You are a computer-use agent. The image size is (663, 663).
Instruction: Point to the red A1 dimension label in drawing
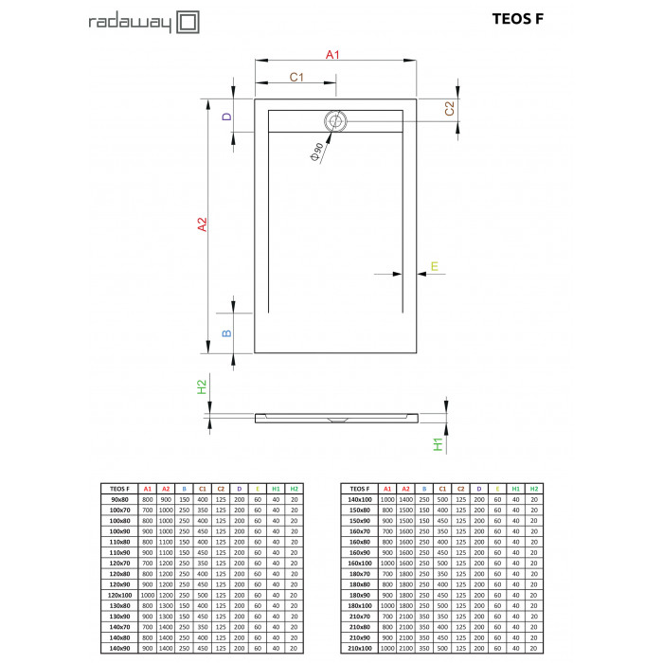(x=332, y=55)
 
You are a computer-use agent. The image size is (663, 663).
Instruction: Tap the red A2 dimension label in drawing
(x=202, y=224)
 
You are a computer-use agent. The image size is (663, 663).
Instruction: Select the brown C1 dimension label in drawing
(x=296, y=77)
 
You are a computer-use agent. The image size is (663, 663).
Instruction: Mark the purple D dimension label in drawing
(x=225, y=117)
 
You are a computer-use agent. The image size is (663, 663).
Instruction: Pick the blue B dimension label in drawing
(x=225, y=333)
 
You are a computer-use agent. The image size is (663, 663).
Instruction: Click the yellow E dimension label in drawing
(x=434, y=266)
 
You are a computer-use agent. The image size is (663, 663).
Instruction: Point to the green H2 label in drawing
(x=201, y=386)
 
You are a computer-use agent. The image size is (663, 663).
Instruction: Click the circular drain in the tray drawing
(x=336, y=121)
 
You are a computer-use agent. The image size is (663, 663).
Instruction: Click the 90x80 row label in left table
(x=120, y=498)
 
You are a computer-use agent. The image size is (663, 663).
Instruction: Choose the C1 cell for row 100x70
(x=203, y=509)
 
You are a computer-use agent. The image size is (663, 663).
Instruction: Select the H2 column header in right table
(x=534, y=488)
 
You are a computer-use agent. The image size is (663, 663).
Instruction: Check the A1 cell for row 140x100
(x=386, y=498)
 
